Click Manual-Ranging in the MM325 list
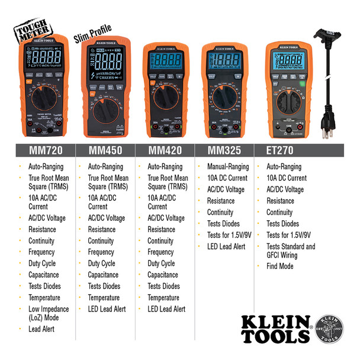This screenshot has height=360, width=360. [x=228, y=167]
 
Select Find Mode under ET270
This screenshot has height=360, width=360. [x=279, y=266]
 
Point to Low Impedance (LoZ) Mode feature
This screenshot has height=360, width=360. [x=48, y=313]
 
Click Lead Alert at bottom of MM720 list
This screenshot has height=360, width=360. [x=41, y=329]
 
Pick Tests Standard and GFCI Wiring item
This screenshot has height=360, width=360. [x=290, y=251]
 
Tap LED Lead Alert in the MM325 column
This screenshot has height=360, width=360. [x=226, y=246]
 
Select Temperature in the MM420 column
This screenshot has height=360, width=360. [x=163, y=298]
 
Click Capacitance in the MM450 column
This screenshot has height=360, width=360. [x=103, y=275]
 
